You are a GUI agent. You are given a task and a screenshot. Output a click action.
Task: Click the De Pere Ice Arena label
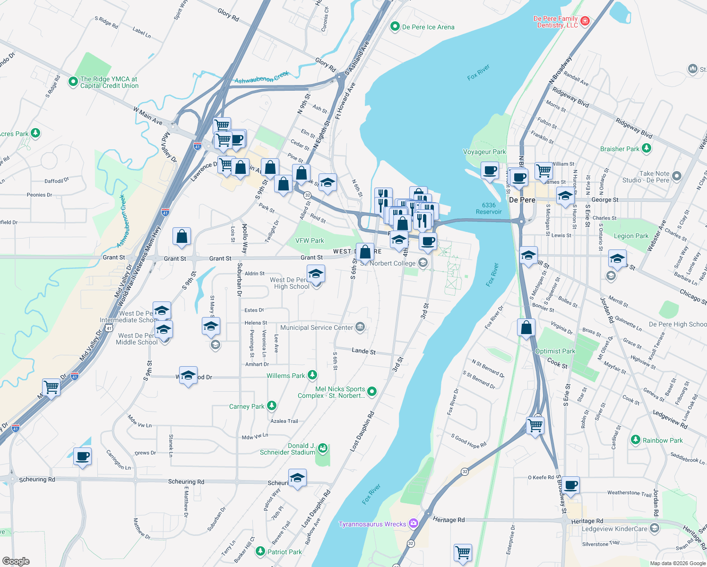(428, 27)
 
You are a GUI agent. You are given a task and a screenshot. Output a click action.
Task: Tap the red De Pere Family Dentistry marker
(585, 21)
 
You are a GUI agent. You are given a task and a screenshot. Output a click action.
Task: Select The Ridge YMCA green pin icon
(73, 82)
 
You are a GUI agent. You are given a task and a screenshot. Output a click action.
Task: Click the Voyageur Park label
(484, 152)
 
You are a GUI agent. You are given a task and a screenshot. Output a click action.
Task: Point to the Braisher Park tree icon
(646, 148)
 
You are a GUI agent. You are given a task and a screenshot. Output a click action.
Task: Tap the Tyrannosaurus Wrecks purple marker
(414, 524)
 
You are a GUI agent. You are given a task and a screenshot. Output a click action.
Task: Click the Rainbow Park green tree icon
(636, 440)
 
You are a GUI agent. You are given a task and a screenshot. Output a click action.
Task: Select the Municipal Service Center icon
(360, 327)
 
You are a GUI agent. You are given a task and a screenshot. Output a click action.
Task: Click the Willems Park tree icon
(312, 375)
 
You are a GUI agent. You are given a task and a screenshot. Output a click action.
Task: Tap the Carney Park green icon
(271, 406)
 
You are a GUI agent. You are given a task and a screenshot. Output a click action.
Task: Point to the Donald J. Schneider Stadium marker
(323, 448)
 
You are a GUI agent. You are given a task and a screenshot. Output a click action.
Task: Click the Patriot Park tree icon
(260, 551)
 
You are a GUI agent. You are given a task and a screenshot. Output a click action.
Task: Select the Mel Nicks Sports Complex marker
(372, 391)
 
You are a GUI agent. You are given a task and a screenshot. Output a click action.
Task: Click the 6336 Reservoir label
(489, 208)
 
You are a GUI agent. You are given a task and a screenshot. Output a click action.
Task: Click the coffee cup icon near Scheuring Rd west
(82, 456)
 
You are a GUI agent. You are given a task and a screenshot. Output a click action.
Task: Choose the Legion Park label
(631, 236)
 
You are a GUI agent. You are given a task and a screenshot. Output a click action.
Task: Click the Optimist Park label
(555, 351)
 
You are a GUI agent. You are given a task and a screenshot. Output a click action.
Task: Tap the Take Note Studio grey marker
(677, 176)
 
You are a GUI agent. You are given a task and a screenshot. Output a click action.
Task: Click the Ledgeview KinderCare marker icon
(655, 528)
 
